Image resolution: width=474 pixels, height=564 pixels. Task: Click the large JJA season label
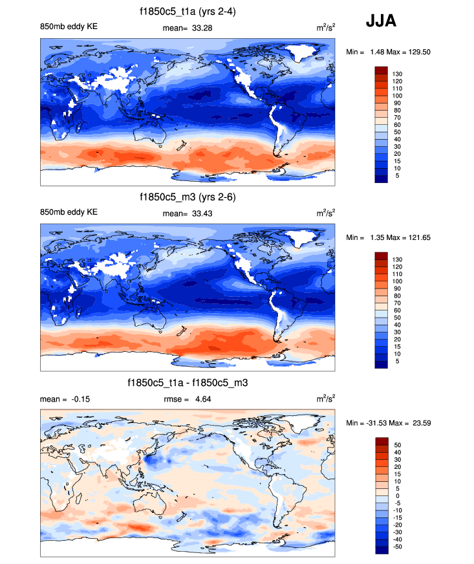[381, 21]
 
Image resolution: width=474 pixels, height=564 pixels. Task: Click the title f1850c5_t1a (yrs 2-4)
[187, 12]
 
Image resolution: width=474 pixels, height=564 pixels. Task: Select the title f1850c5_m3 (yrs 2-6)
[187, 197]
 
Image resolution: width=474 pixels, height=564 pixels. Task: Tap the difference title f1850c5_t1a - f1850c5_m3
[188, 383]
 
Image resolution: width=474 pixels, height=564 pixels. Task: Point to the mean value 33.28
[203, 27]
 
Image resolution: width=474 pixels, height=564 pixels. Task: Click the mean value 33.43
[203, 213]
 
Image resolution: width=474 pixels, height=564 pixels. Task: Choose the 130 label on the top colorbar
[397, 74]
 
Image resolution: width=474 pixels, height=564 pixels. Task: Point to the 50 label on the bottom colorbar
[396, 445]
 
